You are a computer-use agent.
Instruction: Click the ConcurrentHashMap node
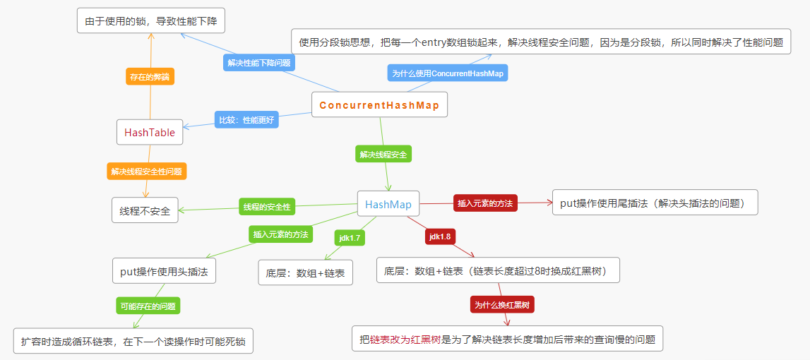point(379,105)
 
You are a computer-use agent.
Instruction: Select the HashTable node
point(150,132)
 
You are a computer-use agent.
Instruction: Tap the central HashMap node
point(388,205)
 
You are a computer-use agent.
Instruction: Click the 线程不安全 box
point(145,210)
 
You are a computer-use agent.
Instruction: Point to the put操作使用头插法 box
point(164,271)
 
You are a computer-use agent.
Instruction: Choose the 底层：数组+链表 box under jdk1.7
point(305,272)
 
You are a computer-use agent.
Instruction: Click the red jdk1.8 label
point(440,236)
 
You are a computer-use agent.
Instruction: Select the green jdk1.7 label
point(350,238)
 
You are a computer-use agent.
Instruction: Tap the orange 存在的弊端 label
point(150,76)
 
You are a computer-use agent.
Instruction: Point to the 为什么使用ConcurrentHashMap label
point(448,73)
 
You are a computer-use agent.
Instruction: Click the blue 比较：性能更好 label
point(246,120)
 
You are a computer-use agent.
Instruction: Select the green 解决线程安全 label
point(383,154)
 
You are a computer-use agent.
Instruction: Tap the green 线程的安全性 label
point(266,207)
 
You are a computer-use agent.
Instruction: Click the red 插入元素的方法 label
point(485,203)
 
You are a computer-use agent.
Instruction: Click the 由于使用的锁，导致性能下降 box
point(150,21)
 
